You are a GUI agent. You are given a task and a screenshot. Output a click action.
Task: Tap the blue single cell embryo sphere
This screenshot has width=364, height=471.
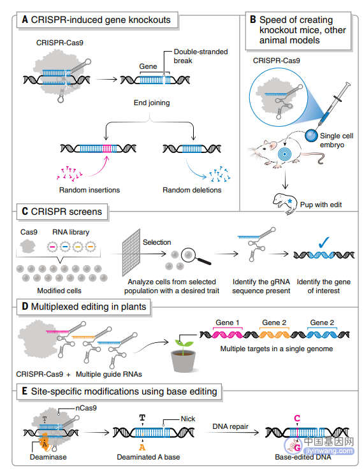[x=311, y=136]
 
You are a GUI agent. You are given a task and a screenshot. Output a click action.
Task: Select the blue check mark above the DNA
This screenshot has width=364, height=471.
[x=323, y=242]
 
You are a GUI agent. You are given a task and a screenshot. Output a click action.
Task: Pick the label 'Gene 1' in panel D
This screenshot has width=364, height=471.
[x=228, y=322]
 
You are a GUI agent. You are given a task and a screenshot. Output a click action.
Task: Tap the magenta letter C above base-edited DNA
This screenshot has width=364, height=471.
[x=297, y=418]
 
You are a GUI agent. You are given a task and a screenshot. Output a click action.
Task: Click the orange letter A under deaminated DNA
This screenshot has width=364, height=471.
[x=142, y=447]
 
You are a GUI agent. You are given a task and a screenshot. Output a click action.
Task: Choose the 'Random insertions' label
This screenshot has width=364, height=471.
[x=89, y=190]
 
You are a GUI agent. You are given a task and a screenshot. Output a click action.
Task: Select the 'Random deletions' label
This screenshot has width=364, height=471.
[x=192, y=190]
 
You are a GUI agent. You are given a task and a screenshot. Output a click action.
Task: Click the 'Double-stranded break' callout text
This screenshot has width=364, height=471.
[x=201, y=56]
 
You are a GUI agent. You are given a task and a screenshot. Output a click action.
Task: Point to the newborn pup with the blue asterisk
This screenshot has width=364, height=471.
[x=283, y=203]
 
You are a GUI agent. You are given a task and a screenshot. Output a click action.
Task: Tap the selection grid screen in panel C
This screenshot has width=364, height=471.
[x=131, y=252]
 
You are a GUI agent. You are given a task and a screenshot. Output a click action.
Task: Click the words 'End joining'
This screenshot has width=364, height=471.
[x=152, y=103]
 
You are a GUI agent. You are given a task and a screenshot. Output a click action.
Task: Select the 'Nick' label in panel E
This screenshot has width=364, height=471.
[x=187, y=419]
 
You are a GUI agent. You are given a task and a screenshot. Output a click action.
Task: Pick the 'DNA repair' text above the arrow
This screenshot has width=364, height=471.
[x=230, y=426]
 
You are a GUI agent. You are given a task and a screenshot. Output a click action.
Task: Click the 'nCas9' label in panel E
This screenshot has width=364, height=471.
[x=86, y=408]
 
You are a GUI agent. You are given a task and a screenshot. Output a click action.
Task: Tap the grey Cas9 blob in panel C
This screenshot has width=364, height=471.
[x=27, y=246]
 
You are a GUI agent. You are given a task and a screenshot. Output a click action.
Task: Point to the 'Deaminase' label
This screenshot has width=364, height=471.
[x=48, y=457]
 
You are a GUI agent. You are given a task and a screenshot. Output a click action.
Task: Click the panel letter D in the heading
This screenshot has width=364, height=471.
[x=25, y=307]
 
